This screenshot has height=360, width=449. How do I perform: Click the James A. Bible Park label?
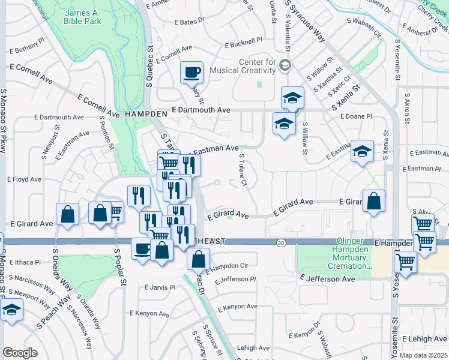tap(83, 17)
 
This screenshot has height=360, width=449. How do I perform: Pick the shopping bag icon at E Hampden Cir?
tap(198, 260)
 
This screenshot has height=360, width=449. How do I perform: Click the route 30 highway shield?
tap(281, 242)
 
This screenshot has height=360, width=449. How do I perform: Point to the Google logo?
tap(20, 352)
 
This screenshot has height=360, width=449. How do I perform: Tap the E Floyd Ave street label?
tap(23, 179)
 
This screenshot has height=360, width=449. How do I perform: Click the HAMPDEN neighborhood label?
tap(146, 113)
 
